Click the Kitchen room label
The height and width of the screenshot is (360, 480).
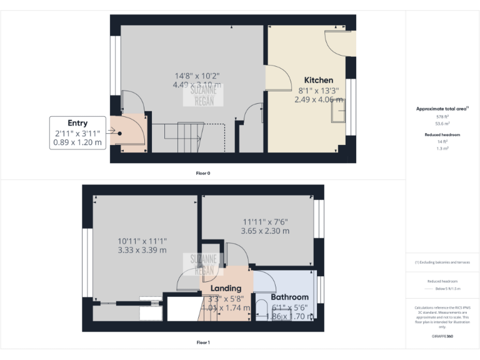pos(318,80)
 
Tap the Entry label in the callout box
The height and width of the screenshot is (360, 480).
pos(77,123)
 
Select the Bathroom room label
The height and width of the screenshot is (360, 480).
pos(289,297)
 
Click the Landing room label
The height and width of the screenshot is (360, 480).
pos(226,288)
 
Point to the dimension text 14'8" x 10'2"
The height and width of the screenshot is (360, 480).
pos(196,76)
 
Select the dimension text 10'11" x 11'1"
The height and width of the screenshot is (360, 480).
pos(142,241)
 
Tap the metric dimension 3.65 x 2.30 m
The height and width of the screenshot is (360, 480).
pos(265,231)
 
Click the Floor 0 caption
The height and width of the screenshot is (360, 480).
pos(203,172)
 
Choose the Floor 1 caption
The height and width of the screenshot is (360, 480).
pos(203,342)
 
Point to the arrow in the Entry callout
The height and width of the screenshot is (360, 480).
pos(117,132)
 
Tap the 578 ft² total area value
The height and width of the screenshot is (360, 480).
pos(442,117)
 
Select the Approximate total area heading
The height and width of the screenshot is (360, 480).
pos(442,109)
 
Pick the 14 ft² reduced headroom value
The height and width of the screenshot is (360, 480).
pos(442,141)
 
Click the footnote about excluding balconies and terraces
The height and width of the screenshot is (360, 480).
pos(442,262)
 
